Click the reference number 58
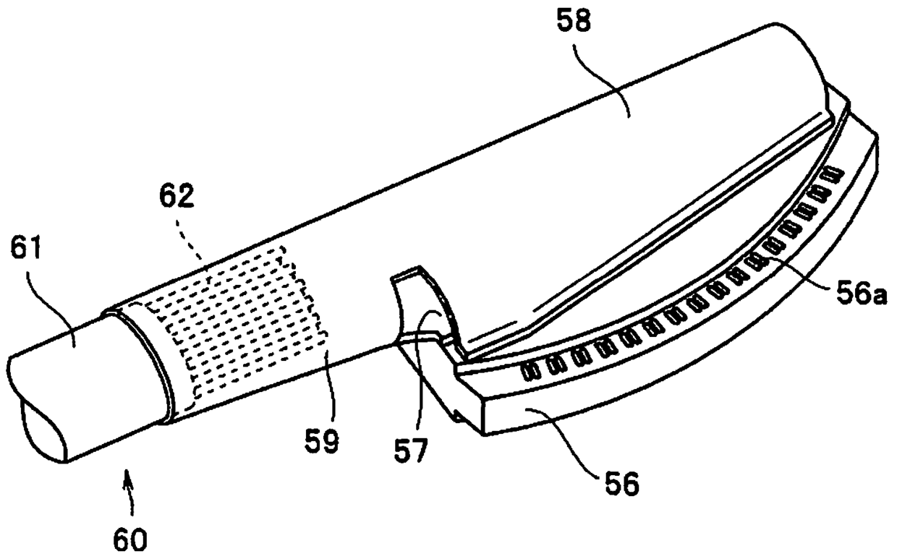click(x=574, y=21)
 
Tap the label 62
click(x=177, y=196)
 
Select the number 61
click(x=26, y=249)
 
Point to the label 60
click(x=130, y=539)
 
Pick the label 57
click(x=412, y=451)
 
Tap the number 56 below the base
click(x=622, y=483)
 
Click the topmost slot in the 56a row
click(x=833, y=175)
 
